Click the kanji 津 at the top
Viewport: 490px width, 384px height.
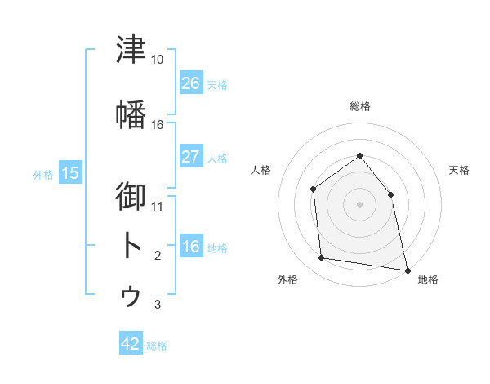(x=131, y=49)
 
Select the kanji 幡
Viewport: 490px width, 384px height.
(x=131, y=114)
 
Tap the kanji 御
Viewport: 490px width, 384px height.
(x=131, y=196)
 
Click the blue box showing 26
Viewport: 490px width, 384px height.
(x=191, y=83)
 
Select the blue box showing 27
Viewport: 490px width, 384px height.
(x=191, y=156)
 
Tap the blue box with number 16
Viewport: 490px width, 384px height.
(x=191, y=245)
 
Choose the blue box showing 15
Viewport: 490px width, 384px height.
(x=70, y=172)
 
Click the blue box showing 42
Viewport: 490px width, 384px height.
(x=131, y=342)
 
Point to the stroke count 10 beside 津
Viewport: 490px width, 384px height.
(x=157, y=60)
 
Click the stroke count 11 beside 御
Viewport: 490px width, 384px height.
(x=157, y=207)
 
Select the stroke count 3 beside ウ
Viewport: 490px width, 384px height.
(x=158, y=304)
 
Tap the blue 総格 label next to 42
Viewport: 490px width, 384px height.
(x=157, y=346)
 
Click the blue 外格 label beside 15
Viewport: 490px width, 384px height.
(x=43, y=175)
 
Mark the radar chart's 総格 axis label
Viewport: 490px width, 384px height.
(x=360, y=106)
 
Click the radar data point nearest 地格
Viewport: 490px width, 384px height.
(x=408, y=270)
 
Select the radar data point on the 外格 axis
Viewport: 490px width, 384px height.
(x=321, y=257)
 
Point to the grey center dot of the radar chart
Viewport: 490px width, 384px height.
(x=359, y=204)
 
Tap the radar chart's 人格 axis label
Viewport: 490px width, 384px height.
(x=261, y=170)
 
